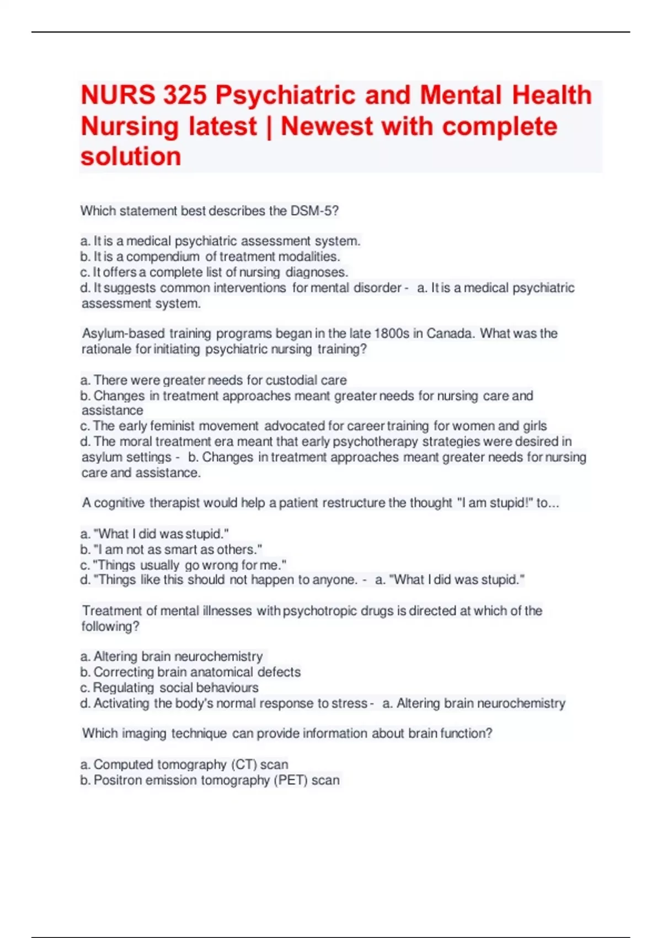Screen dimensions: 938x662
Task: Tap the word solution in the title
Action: [x=131, y=156]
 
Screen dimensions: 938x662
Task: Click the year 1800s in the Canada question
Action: [x=392, y=333]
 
